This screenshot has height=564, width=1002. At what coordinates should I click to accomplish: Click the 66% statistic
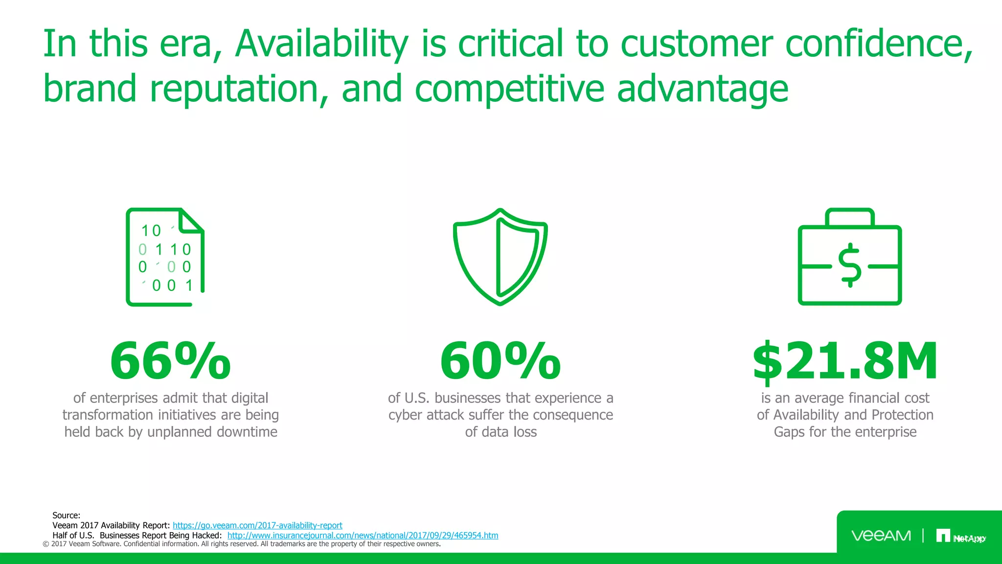click(170, 361)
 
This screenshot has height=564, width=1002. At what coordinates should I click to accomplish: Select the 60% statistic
click(500, 361)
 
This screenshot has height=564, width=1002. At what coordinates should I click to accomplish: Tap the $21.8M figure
click(845, 361)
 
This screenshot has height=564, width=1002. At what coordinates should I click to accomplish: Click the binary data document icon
click(165, 257)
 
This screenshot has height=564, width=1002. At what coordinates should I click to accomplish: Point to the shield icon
click(500, 257)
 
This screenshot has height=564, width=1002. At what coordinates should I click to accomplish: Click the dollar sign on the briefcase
click(850, 265)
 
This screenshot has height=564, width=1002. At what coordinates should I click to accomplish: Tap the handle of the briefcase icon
click(850, 216)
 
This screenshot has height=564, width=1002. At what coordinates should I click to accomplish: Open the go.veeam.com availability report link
click(257, 525)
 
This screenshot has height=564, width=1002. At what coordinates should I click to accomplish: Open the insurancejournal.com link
click(363, 536)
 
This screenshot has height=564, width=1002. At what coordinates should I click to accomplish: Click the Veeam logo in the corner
click(881, 536)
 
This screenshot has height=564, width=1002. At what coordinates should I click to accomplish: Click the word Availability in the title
click(321, 44)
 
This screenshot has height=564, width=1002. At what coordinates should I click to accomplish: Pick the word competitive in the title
click(509, 89)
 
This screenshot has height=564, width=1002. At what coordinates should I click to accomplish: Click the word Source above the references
click(66, 515)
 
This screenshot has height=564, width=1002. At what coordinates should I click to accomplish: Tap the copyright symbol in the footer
click(46, 544)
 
